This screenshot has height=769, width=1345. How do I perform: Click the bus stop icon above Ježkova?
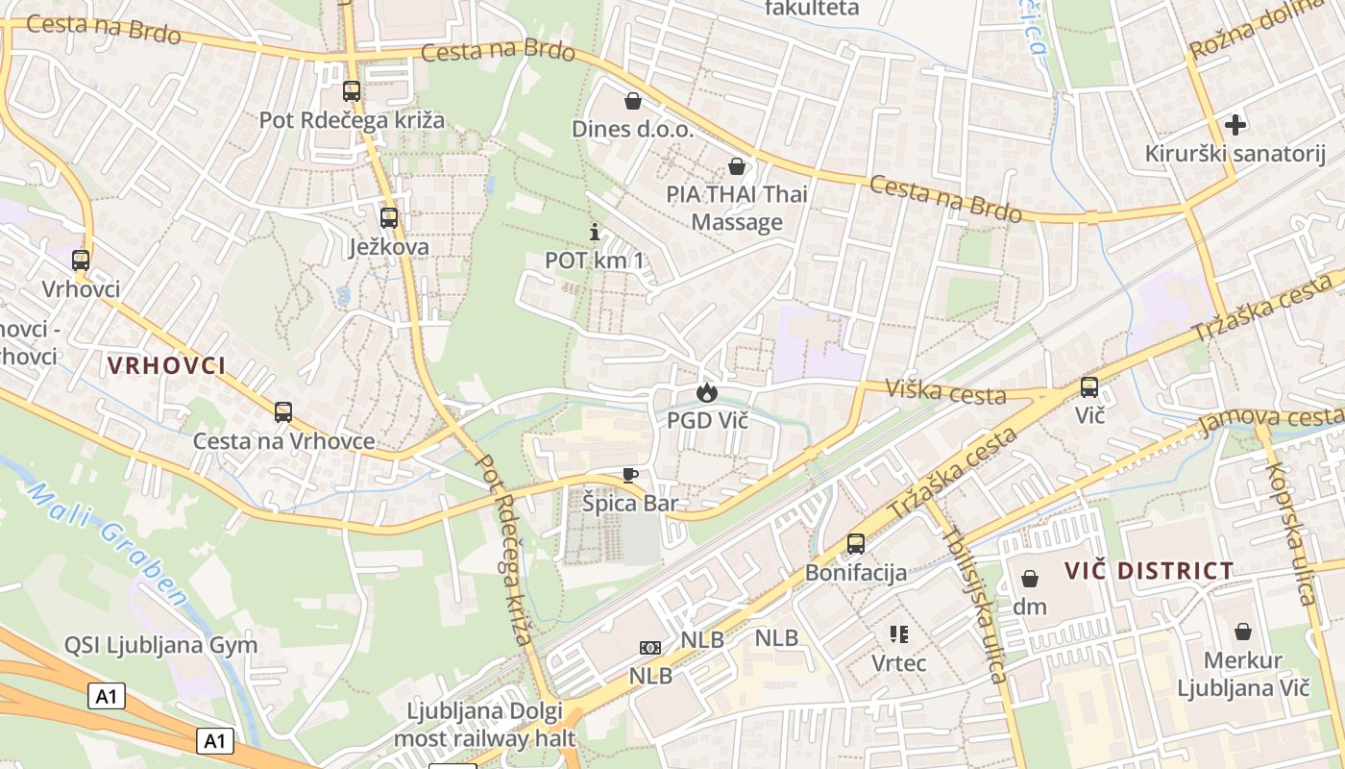point(388,217)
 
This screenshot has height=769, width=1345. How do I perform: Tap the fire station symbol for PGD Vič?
point(707,391)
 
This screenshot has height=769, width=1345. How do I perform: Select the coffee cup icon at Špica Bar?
point(629,474)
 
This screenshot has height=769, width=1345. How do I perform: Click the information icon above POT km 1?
point(595,232)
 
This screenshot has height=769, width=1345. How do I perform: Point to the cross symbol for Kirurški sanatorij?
point(1235,124)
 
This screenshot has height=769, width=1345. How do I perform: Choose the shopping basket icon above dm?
point(1029,579)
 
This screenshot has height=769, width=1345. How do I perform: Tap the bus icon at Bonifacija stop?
point(855,544)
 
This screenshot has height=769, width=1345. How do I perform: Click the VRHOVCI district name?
point(166,365)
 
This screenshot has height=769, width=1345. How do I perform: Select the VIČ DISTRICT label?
point(1148,570)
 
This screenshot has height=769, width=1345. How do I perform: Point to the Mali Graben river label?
point(108,544)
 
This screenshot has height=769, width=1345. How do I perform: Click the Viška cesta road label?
point(945,392)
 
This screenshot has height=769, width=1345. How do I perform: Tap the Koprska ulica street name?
point(1290,534)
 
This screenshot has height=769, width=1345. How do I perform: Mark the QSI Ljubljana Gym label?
point(160,645)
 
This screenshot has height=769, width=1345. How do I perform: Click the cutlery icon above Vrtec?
point(899,633)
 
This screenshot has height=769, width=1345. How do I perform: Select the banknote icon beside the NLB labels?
point(650,647)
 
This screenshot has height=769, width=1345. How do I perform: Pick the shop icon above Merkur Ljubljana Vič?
point(1243,632)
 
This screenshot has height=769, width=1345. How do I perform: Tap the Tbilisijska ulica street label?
point(974,608)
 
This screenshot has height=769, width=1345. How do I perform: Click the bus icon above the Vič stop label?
point(1088,386)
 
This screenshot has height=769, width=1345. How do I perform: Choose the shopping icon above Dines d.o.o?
point(633,100)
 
